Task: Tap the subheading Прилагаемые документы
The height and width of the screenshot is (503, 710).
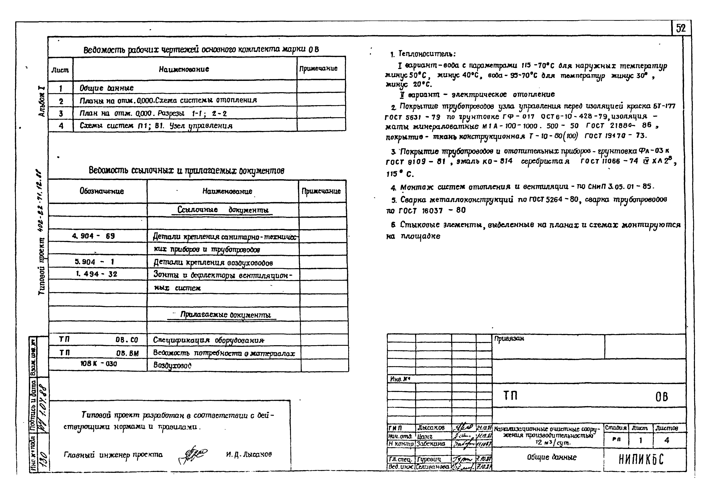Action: (226, 315)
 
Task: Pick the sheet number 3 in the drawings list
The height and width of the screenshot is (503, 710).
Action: (61, 113)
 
